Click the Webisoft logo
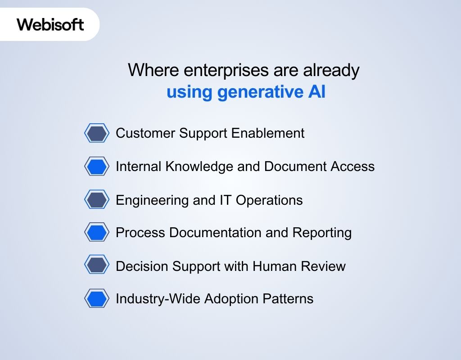pyautogui.click(x=50, y=24)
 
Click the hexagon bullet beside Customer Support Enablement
pyautogui.click(x=97, y=134)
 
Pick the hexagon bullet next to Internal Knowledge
pyautogui.click(x=97, y=167)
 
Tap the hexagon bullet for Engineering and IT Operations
pyautogui.click(x=97, y=200)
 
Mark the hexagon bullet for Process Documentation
pyautogui.click(x=97, y=233)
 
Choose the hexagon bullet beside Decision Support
pyautogui.click(x=97, y=265)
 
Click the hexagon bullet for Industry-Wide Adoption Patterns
pyautogui.click(x=97, y=299)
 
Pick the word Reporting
pyautogui.click(x=322, y=233)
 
